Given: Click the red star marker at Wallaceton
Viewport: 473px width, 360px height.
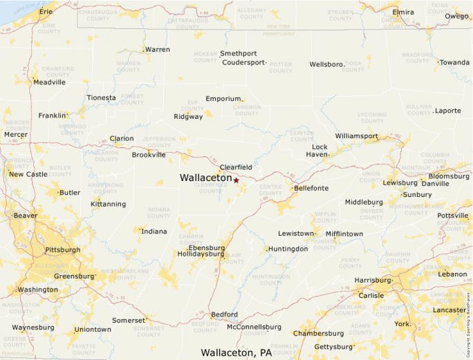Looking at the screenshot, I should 236,180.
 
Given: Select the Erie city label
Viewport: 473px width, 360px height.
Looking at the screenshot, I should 46,12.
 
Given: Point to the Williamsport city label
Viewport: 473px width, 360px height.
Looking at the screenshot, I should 357,136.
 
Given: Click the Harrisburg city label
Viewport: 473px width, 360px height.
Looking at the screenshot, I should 373,281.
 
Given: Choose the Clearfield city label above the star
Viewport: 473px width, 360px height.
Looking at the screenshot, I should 236,167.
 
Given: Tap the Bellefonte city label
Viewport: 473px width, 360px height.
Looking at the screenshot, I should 311,188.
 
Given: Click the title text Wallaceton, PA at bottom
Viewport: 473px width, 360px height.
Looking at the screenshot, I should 236,352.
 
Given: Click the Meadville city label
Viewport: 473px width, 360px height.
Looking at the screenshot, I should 50,82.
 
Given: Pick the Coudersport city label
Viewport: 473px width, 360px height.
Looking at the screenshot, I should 243,62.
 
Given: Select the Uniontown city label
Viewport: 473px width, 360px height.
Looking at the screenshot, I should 93,330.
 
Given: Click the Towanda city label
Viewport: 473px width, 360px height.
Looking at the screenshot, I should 455,62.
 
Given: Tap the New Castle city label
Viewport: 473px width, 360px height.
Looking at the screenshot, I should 28,174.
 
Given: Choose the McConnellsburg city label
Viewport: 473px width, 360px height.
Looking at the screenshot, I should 254,327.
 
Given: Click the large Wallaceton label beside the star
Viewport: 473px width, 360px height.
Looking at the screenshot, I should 205,178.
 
